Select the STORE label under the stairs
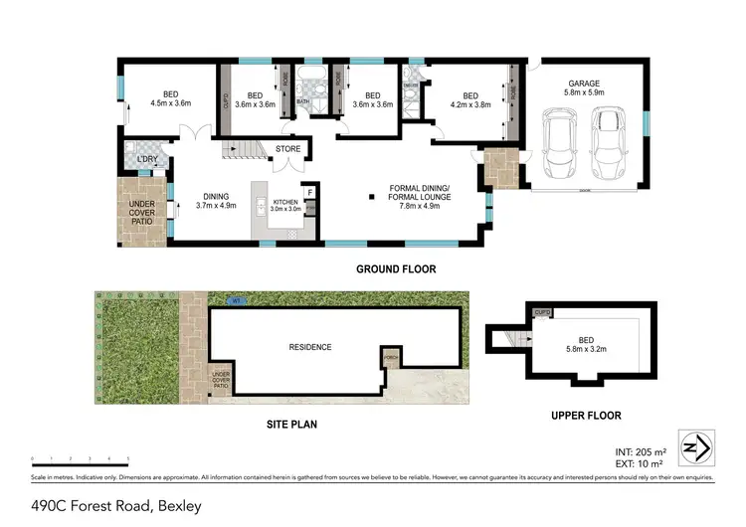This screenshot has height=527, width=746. tap(287, 150)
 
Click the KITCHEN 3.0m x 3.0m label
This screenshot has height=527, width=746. tap(286, 205)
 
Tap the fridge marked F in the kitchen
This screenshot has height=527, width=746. tap(309, 192)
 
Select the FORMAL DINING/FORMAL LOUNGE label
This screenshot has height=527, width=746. tap(419, 193)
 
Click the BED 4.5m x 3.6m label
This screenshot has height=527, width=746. tap(170, 96)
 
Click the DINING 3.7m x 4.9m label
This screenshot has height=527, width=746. tap(216, 201)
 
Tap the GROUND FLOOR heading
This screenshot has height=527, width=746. tap(396, 269)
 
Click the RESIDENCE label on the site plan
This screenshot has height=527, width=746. tap(309, 347)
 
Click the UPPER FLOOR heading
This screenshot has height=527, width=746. tap(587, 414)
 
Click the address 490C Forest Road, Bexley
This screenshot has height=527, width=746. tap(116, 506)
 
